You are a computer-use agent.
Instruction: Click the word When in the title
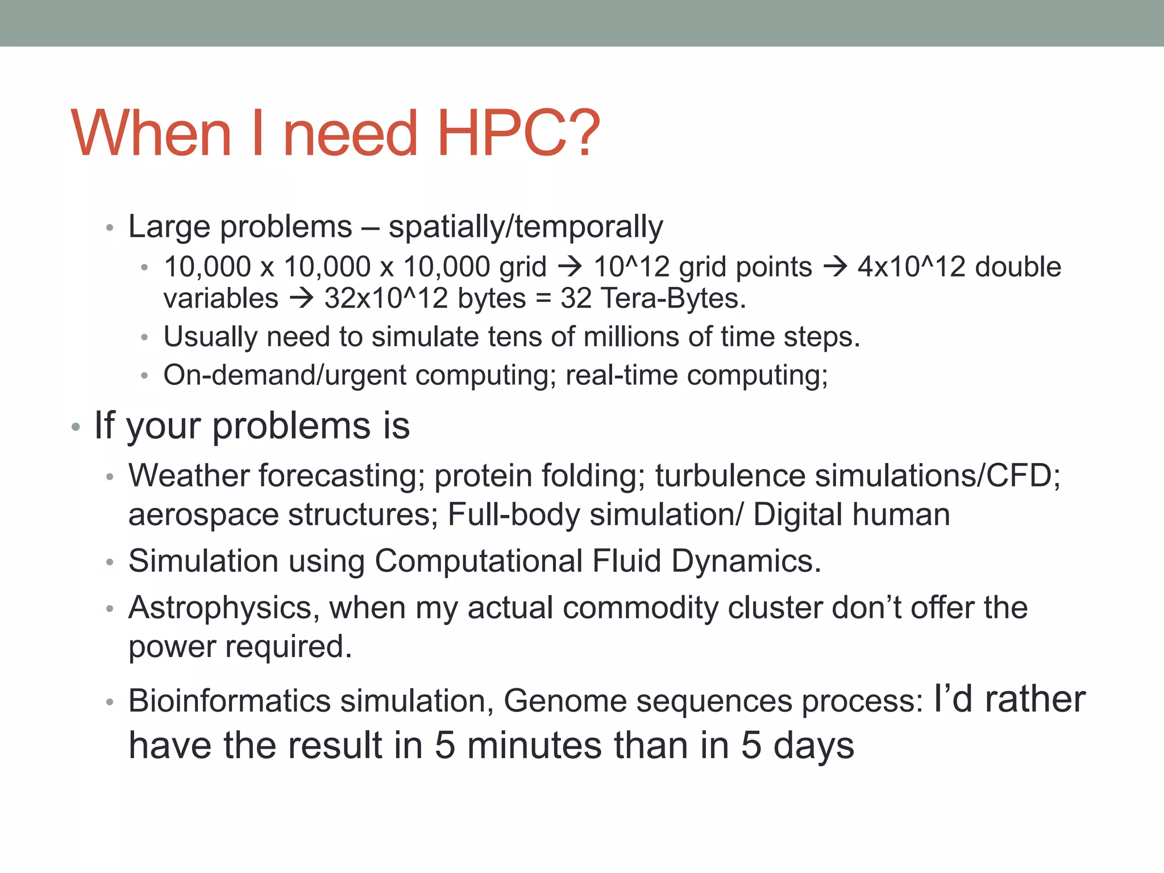pos(151,134)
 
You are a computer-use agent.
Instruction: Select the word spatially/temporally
pos(526,227)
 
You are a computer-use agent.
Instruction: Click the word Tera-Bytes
pos(673,298)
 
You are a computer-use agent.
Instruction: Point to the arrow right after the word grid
pos(570,267)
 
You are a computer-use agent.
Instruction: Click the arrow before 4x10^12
pos(835,267)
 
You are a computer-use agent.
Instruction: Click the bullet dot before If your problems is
pos(76,427)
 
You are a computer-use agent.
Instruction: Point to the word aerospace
pos(203,515)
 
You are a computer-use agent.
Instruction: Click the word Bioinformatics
pos(230,701)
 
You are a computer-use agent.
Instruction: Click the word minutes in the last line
pos(534,745)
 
